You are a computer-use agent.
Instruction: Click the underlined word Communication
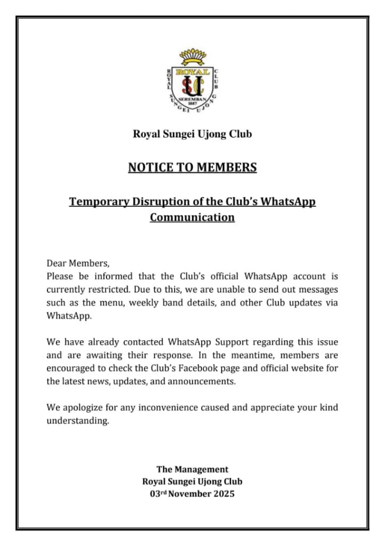pos(192,218)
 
